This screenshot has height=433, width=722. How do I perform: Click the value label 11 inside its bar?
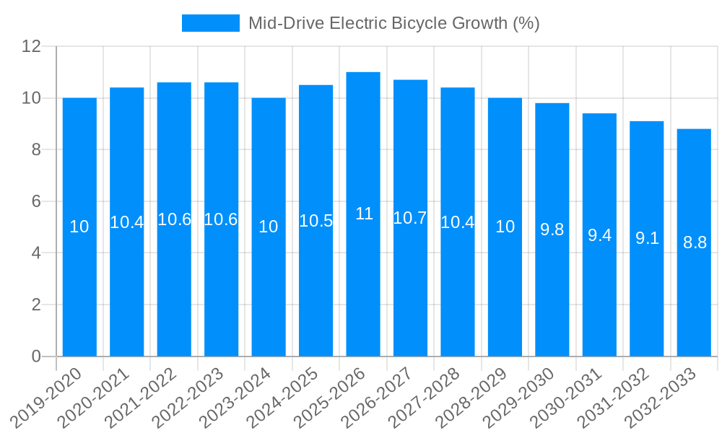tap(364, 214)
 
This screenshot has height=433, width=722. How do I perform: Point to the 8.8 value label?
tap(695, 242)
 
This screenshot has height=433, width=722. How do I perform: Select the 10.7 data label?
tap(410, 218)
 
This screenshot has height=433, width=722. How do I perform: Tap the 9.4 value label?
tap(599, 235)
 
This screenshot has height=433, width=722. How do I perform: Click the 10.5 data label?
tap(316, 221)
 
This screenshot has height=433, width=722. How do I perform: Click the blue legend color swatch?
tap(210, 23)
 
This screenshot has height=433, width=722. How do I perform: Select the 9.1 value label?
tap(647, 238)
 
